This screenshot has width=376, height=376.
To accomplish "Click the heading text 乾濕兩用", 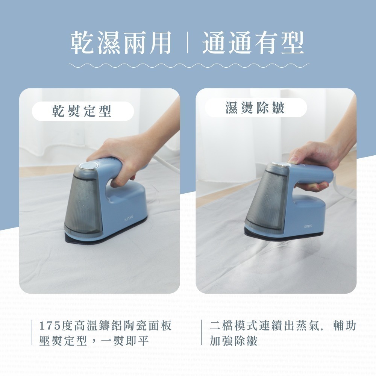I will (x=121, y=42).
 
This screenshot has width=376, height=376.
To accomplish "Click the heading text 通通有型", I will (x=253, y=42).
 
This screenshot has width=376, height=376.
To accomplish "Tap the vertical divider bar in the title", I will (x=187, y=43).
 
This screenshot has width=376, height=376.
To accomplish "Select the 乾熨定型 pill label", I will (x=82, y=111).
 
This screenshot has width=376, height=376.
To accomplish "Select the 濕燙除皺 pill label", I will (x=256, y=108).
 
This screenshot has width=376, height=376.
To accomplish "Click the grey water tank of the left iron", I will (x=83, y=205).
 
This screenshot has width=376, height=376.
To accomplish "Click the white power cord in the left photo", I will (x=165, y=164).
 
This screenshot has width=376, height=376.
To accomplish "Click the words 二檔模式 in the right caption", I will (x=233, y=326).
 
